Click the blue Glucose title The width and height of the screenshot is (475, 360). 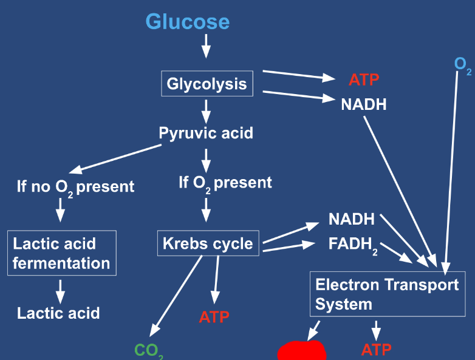tap(188, 22)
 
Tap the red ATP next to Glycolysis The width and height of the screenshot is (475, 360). tap(364, 80)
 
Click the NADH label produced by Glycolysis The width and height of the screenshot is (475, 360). tap(364, 104)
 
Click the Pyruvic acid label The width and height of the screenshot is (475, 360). tap(206, 133)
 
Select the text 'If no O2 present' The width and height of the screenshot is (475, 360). tap(75, 188)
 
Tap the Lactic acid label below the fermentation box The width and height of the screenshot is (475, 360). tap(58, 313)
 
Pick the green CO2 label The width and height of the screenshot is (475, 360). tap(149, 351)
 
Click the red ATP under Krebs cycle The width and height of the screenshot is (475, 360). tap(214, 317)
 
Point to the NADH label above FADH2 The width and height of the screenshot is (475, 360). tap(352, 219)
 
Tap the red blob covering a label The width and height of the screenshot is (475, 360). tap(302, 351)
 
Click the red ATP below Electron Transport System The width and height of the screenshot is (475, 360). tap(376, 350)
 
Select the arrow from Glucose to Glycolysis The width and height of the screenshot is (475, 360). tap(206, 46)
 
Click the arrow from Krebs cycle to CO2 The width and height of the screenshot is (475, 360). tap(176, 296)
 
